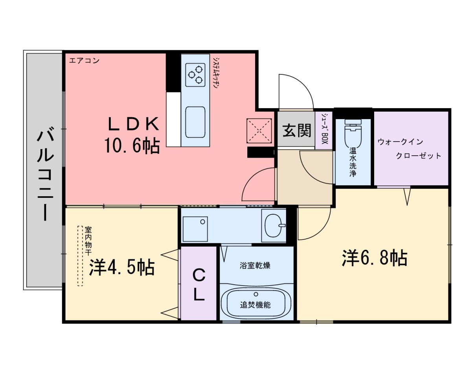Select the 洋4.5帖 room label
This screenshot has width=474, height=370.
[x=121, y=268]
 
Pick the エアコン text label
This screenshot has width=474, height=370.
[x=84, y=61]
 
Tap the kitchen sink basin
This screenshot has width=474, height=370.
[x=195, y=122]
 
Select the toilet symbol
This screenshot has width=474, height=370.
[x=353, y=134]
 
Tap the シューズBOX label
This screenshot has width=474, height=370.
[x=324, y=130]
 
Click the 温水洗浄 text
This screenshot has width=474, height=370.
[x=353, y=162]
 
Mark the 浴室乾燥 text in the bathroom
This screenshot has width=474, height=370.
[x=255, y=266]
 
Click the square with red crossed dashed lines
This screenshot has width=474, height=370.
[x=259, y=130]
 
